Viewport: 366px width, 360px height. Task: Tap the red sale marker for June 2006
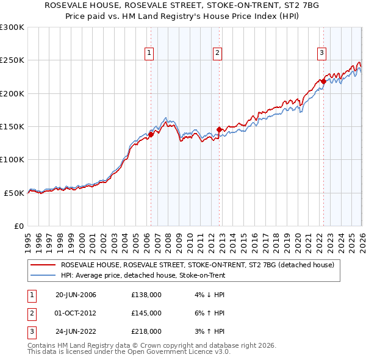pyautogui.click(x=151, y=135)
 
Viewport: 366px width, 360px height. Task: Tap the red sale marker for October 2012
pyautogui.click(x=219, y=130)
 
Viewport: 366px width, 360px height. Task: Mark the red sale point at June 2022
pyautogui.click(x=323, y=81)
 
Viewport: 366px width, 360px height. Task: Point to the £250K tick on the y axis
pyautogui.click(x=12, y=60)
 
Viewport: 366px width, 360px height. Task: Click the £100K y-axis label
pyautogui.click(x=12, y=159)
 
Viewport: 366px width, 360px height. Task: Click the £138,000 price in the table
pyautogui.click(x=146, y=295)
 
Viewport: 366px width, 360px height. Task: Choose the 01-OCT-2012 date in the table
pyautogui.click(x=76, y=313)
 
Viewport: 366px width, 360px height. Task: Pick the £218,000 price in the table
pyautogui.click(x=146, y=332)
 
